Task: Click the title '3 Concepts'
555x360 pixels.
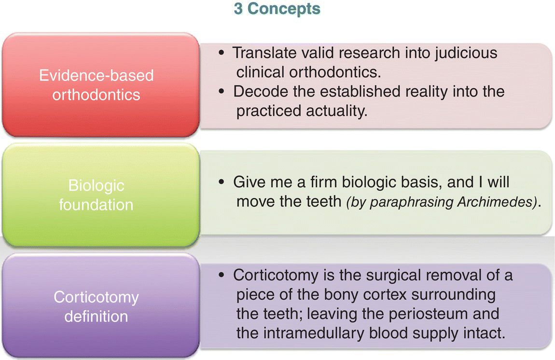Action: [x=277, y=9]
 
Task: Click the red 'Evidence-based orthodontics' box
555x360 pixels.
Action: [x=101, y=85]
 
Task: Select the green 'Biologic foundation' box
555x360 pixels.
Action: [x=101, y=195]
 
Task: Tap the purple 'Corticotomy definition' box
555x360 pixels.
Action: [x=101, y=306]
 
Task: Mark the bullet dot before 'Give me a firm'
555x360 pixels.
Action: [x=222, y=182]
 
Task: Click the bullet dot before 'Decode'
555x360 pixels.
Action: [x=222, y=92]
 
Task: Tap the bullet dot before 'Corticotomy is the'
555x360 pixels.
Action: [x=222, y=275]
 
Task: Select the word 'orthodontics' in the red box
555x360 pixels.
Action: [x=96, y=95]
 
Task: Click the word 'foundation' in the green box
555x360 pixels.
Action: [x=96, y=205]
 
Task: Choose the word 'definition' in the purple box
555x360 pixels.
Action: [x=96, y=316]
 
